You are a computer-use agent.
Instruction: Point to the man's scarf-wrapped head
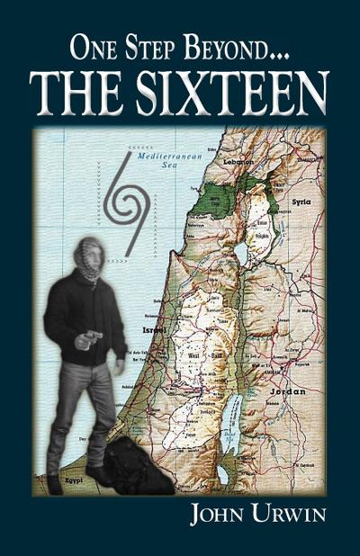click(x=89, y=257)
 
